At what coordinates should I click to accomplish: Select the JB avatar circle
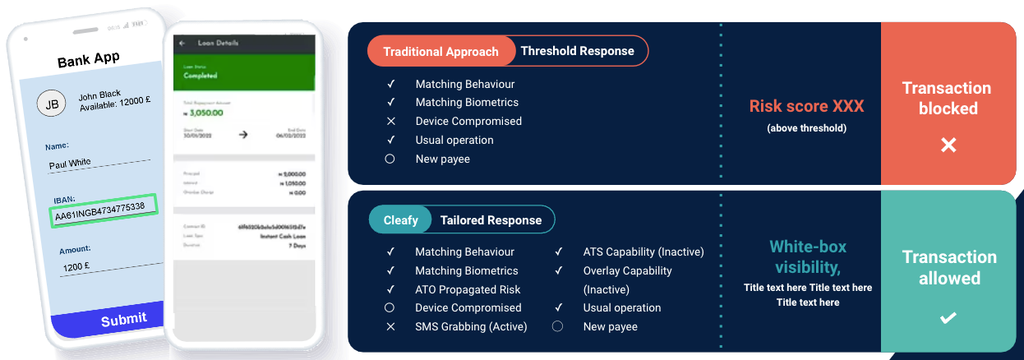(x=51, y=104)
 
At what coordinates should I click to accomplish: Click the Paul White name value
(x=70, y=163)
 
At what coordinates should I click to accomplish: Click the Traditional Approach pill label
(x=441, y=51)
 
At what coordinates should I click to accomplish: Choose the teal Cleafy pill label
(x=400, y=219)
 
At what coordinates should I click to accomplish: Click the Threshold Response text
(x=577, y=51)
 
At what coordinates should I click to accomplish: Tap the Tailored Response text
(x=491, y=219)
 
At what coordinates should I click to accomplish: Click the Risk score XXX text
(x=806, y=106)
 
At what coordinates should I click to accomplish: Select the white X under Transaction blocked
(x=948, y=145)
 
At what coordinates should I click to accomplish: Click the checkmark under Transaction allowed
(x=948, y=317)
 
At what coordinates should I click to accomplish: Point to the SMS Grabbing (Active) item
(x=471, y=326)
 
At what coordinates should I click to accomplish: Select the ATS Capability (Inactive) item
(x=643, y=252)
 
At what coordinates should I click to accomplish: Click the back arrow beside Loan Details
(x=182, y=43)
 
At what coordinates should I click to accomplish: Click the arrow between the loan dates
(x=243, y=134)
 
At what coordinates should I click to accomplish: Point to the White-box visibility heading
(x=807, y=256)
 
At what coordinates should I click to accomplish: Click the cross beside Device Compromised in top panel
(x=391, y=121)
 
